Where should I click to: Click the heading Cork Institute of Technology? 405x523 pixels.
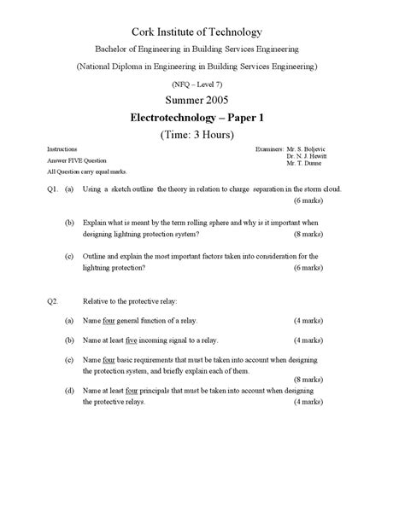(x=202, y=31)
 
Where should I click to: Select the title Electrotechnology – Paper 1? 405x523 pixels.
(x=202, y=118)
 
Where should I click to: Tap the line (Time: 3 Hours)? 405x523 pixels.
(x=202, y=135)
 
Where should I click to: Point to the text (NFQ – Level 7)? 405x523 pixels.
(x=202, y=84)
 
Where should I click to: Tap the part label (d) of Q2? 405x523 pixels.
(x=68, y=390)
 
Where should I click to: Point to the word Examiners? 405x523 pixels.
(x=269, y=148)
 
